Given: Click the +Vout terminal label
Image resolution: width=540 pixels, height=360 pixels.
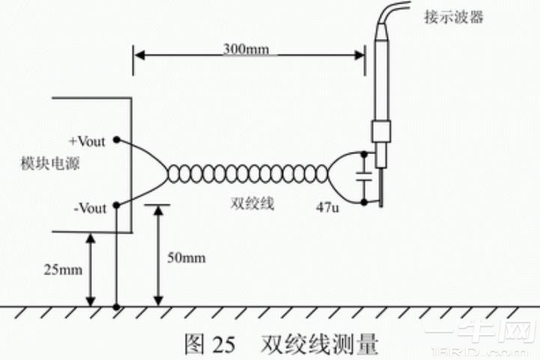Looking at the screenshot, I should pos(90,140).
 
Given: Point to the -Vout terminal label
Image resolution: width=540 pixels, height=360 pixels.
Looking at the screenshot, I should pos(90,207).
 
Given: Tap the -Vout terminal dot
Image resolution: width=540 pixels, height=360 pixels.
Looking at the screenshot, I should pos(116,207).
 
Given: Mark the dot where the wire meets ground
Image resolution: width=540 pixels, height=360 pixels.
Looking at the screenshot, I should pos(116,307).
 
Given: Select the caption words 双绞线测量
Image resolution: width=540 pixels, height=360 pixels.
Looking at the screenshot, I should pos(319,345).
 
